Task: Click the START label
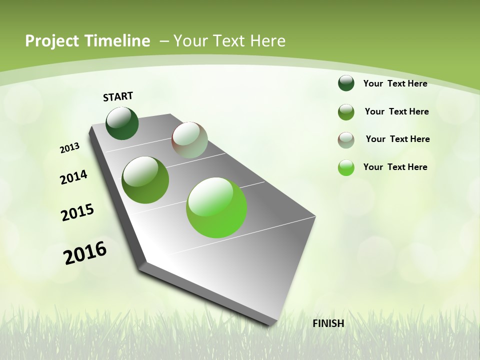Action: pos(118,96)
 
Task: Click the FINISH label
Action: pos(328,323)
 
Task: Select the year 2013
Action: pos(70,148)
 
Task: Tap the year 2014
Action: pos(74,177)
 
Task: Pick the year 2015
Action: pos(77,212)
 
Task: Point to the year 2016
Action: pos(85,253)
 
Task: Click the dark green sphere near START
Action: pos(122,123)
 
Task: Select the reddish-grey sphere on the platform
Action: pos(189,140)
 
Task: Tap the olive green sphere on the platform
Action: pos(145,180)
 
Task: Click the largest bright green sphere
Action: pos(216,207)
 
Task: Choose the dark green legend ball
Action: pos(346,83)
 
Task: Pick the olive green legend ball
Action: pos(346,112)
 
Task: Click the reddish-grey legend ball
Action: pos(346,140)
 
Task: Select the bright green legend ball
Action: pos(346,167)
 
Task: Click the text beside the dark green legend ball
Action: pos(395,83)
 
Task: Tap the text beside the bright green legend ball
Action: pos(395,167)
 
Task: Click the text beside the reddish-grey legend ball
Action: pos(397,139)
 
